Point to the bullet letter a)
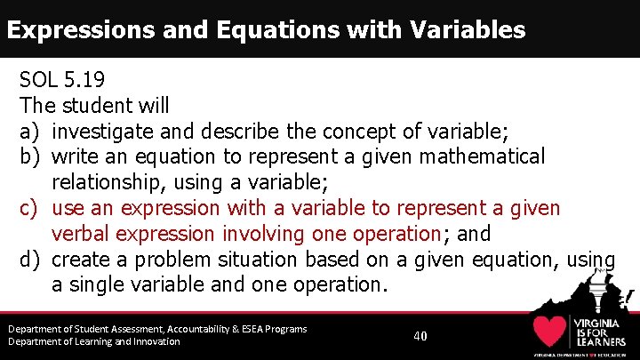tap(31, 132)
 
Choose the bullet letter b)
tap(31, 157)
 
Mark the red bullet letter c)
tap(31, 209)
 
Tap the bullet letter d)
tap(31, 260)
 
